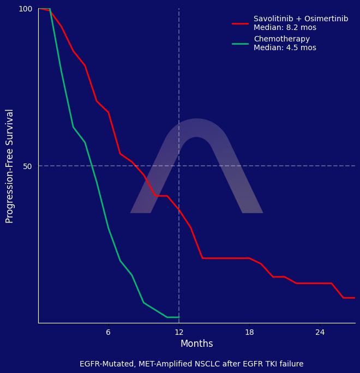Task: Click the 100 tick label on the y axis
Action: pyautogui.click(x=26, y=9)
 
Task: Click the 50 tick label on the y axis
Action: pyautogui.click(x=27, y=166)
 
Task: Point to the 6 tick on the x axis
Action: pyautogui.click(x=108, y=332)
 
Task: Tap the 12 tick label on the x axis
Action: pyautogui.click(x=179, y=332)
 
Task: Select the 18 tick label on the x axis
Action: pyautogui.click(x=249, y=332)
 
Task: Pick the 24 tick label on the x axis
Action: pyautogui.click(x=320, y=332)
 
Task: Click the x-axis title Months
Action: pyautogui.click(x=196, y=344)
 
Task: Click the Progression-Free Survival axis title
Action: pyautogui.click(x=10, y=166)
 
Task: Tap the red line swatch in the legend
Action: pyautogui.click(x=240, y=23)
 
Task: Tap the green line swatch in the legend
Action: pyautogui.click(x=240, y=44)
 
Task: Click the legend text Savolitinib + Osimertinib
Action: pyautogui.click(x=301, y=19)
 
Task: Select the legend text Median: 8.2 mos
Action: pyautogui.click(x=285, y=28)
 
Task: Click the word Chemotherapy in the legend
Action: pyautogui.click(x=281, y=39)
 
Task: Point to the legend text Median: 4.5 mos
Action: pyautogui.click(x=285, y=48)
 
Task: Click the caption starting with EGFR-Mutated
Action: pyautogui.click(x=191, y=364)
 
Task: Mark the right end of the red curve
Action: pyautogui.click(x=355, y=298)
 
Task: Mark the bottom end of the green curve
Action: pyautogui.click(x=178, y=317)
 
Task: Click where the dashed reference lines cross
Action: pyautogui.click(x=179, y=166)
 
